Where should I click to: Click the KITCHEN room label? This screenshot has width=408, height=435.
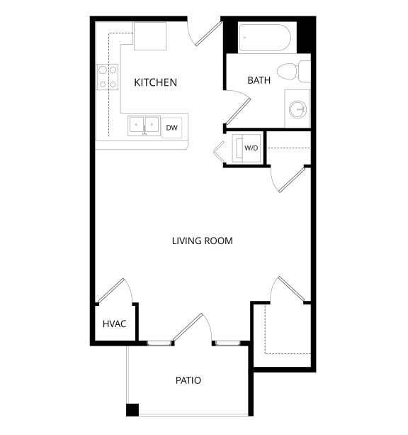pos(155,82)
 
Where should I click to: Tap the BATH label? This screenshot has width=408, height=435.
pos(259,80)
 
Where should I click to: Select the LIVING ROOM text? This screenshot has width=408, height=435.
pos(202,241)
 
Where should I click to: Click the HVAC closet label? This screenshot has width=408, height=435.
pos(114,324)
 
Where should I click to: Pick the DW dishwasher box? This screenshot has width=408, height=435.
pos(171,128)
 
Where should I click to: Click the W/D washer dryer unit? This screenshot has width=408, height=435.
pos(249,148)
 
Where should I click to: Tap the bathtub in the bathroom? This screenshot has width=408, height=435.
pos(265,38)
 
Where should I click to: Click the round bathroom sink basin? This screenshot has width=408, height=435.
pos(298,109)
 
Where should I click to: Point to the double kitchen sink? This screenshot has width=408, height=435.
pos(144,126)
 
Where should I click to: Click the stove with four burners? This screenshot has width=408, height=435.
pos(108,77)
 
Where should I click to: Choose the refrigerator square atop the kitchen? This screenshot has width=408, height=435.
pos(149,36)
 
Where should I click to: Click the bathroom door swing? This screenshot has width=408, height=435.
pos(238,107)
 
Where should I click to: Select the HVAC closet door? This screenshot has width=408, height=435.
pos(113,290)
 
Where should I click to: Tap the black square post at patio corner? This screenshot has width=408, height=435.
pos(132,409)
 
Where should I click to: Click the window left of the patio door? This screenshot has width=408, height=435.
pos(159,343)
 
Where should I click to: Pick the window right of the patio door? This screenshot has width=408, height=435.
pos(227,343)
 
